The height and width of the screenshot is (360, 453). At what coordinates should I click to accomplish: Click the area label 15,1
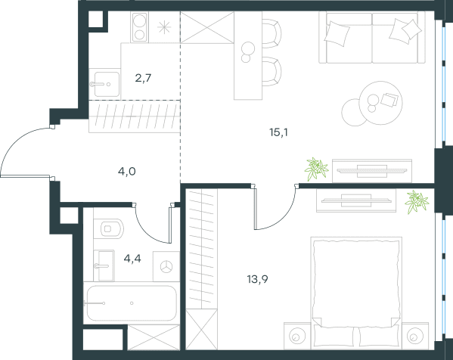point(278,132)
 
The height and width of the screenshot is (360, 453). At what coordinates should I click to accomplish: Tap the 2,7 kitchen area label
point(143,78)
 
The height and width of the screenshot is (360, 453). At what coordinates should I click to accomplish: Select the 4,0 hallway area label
point(127,172)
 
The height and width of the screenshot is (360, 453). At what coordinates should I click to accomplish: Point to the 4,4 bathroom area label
point(132,259)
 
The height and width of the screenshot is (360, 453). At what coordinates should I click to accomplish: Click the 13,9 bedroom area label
point(258,279)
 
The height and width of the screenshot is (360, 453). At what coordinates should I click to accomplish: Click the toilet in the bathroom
point(109,228)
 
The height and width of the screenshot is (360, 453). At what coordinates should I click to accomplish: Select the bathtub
point(132,303)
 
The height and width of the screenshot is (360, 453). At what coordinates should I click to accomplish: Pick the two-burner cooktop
point(139,27)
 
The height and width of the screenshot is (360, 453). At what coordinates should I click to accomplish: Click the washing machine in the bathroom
point(166,266)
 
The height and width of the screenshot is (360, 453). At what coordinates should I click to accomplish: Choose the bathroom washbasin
point(104,265)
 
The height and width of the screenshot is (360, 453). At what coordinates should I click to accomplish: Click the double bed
point(356,293)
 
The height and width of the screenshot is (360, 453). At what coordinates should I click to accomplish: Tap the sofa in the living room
point(372,37)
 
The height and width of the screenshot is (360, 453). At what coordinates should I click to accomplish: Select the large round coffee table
point(380,103)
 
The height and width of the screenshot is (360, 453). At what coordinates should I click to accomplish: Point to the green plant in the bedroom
point(417,202)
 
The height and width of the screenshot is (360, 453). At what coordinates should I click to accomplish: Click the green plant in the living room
point(317,169)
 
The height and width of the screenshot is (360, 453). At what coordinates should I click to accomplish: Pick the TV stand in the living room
point(372,171)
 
